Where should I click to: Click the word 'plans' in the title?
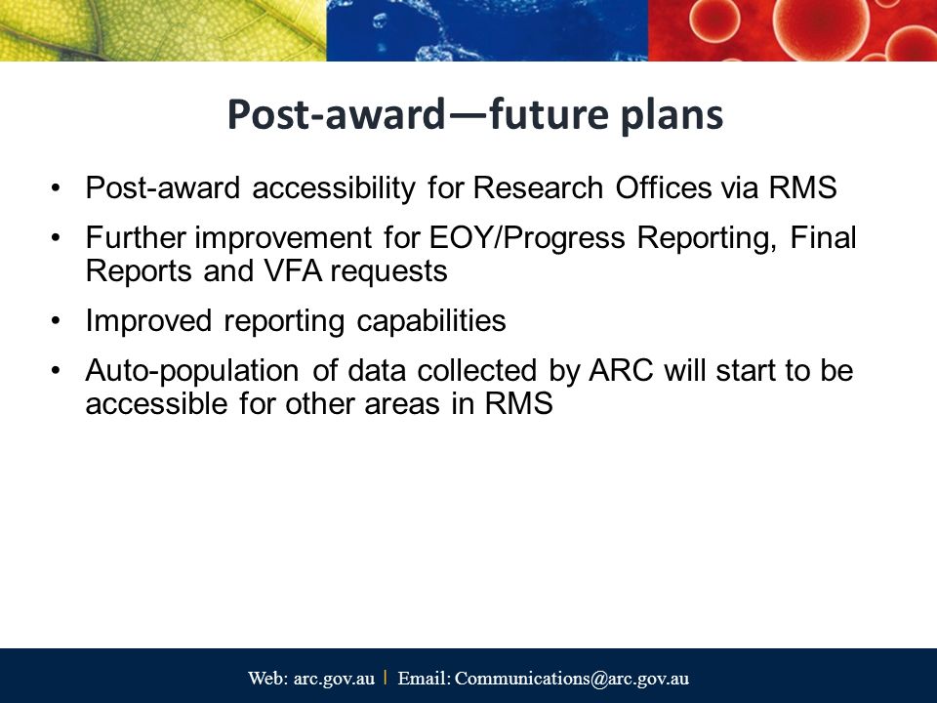point(672,115)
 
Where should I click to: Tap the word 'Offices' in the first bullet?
point(664,187)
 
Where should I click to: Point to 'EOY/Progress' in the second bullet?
point(527,238)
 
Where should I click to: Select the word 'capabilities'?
point(430,321)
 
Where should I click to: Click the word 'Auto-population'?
point(192,371)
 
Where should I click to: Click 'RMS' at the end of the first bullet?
point(802,187)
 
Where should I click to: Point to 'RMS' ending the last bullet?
point(518,403)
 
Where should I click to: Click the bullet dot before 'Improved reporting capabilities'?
point(57,321)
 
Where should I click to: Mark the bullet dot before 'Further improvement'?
point(57,238)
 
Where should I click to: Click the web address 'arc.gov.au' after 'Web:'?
point(334,679)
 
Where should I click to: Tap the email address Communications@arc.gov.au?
point(572,679)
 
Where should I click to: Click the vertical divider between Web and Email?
point(386,678)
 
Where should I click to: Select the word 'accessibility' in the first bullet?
point(334,187)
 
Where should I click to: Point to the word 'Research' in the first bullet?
point(538,187)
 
